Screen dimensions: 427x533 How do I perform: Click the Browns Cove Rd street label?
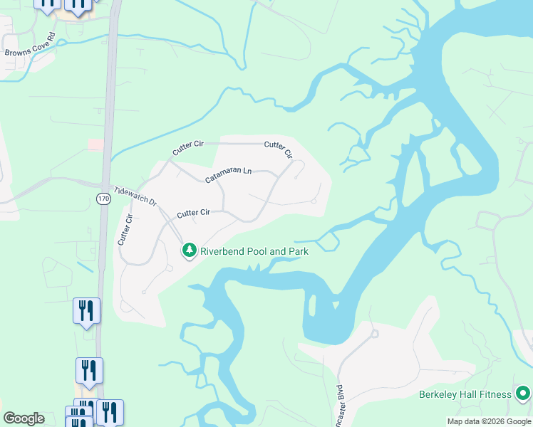30,44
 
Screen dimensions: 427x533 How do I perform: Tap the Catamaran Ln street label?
229,175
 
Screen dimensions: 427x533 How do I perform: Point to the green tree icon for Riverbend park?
189,251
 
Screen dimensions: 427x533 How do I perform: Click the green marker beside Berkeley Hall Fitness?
523,394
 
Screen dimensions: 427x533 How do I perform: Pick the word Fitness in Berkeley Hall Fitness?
496,394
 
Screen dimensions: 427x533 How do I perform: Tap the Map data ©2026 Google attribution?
489,421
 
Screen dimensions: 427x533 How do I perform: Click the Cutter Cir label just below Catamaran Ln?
193,212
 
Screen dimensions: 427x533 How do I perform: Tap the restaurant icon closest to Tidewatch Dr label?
86,311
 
